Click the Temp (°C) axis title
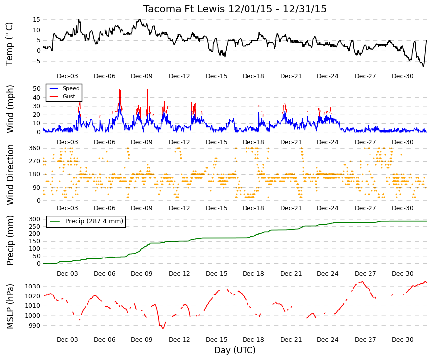click(x=9, y=44)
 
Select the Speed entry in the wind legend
click(x=71, y=88)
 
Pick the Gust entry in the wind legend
click(x=69, y=96)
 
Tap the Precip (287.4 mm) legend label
click(x=94, y=221)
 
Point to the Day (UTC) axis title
click(x=235, y=350)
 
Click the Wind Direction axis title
click(x=10, y=175)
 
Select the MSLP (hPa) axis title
click(x=10, y=306)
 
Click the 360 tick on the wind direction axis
click(x=35, y=148)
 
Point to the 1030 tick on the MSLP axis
click(x=33, y=287)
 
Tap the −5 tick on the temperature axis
click(x=36, y=61)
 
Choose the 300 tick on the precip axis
click(x=35, y=219)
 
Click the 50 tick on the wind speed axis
click(x=37, y=89)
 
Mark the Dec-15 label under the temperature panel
click(x=217, y=76)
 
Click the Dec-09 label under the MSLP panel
click(x=142, y=340)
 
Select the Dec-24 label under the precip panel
click(x=327, y=274)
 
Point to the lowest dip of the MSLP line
click(x=163, y=328)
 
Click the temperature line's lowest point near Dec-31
click(x=423, y=66)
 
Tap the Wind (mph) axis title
click(x=10, y=109)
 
